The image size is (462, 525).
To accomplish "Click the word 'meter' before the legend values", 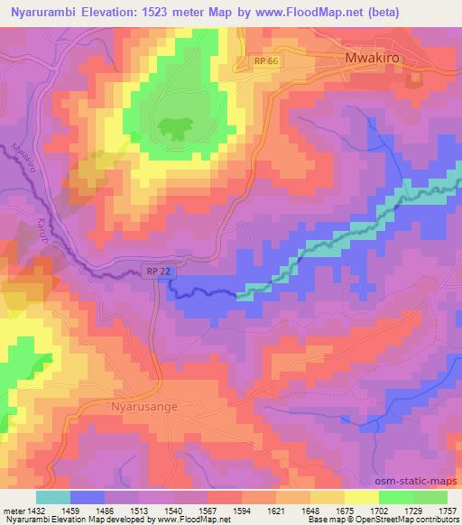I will tap(13, 510).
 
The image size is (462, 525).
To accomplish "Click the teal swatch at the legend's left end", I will tap(53, 496).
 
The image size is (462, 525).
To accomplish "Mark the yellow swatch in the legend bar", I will tap(361, 496).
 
